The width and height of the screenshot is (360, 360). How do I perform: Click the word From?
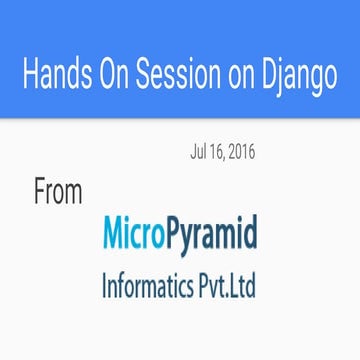pos(58,192)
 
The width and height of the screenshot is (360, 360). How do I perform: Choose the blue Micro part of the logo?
pos(135,236)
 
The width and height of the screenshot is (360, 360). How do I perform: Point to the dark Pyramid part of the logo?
pos(213,238)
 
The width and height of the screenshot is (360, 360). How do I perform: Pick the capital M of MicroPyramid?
pos(114,236)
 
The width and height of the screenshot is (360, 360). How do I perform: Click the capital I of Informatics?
pos(104,287)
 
